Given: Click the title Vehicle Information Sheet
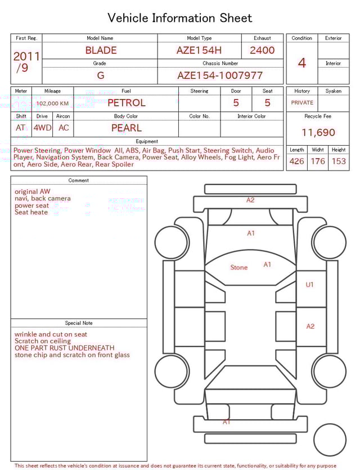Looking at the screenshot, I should [x=180, y=18].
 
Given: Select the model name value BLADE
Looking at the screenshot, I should [x=101, y=50].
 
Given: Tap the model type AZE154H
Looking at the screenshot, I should [x=199, y=50].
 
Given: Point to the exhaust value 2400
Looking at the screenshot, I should [x=262, y=50].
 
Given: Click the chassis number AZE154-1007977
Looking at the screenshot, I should [x=220, y=75].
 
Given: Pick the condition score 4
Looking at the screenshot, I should [x=302, y=62].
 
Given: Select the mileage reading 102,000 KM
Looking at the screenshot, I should [x=52, y=104].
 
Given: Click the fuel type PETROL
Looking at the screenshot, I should [x=126, y=103].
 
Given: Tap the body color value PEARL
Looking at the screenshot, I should [x=126, y=128].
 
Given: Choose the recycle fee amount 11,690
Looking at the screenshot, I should [x=318, y=133].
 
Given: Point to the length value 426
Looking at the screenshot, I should [x=296, y=162].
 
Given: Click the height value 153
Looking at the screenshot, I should [x=339, y=162].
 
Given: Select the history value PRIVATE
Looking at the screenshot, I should [x=302, y=103].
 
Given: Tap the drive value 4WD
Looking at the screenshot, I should [x=42, y=128].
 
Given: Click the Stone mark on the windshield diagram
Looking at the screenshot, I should [x=238, y=267].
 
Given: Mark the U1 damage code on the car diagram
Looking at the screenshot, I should [x=309, y=285].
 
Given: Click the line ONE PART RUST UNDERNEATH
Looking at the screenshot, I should [x=64, y=348].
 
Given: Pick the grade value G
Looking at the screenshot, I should [x=100, y=75].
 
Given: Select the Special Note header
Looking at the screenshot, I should [x=79, y=323].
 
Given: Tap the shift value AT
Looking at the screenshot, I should [x=21, y=128].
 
